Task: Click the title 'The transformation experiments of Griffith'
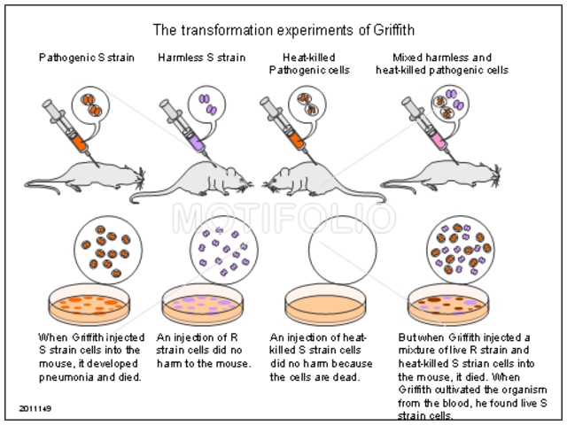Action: (283, 29)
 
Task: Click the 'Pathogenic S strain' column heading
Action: (86, 58)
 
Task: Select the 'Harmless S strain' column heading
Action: (201, 58)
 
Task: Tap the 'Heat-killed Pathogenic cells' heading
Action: (301, 65)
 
